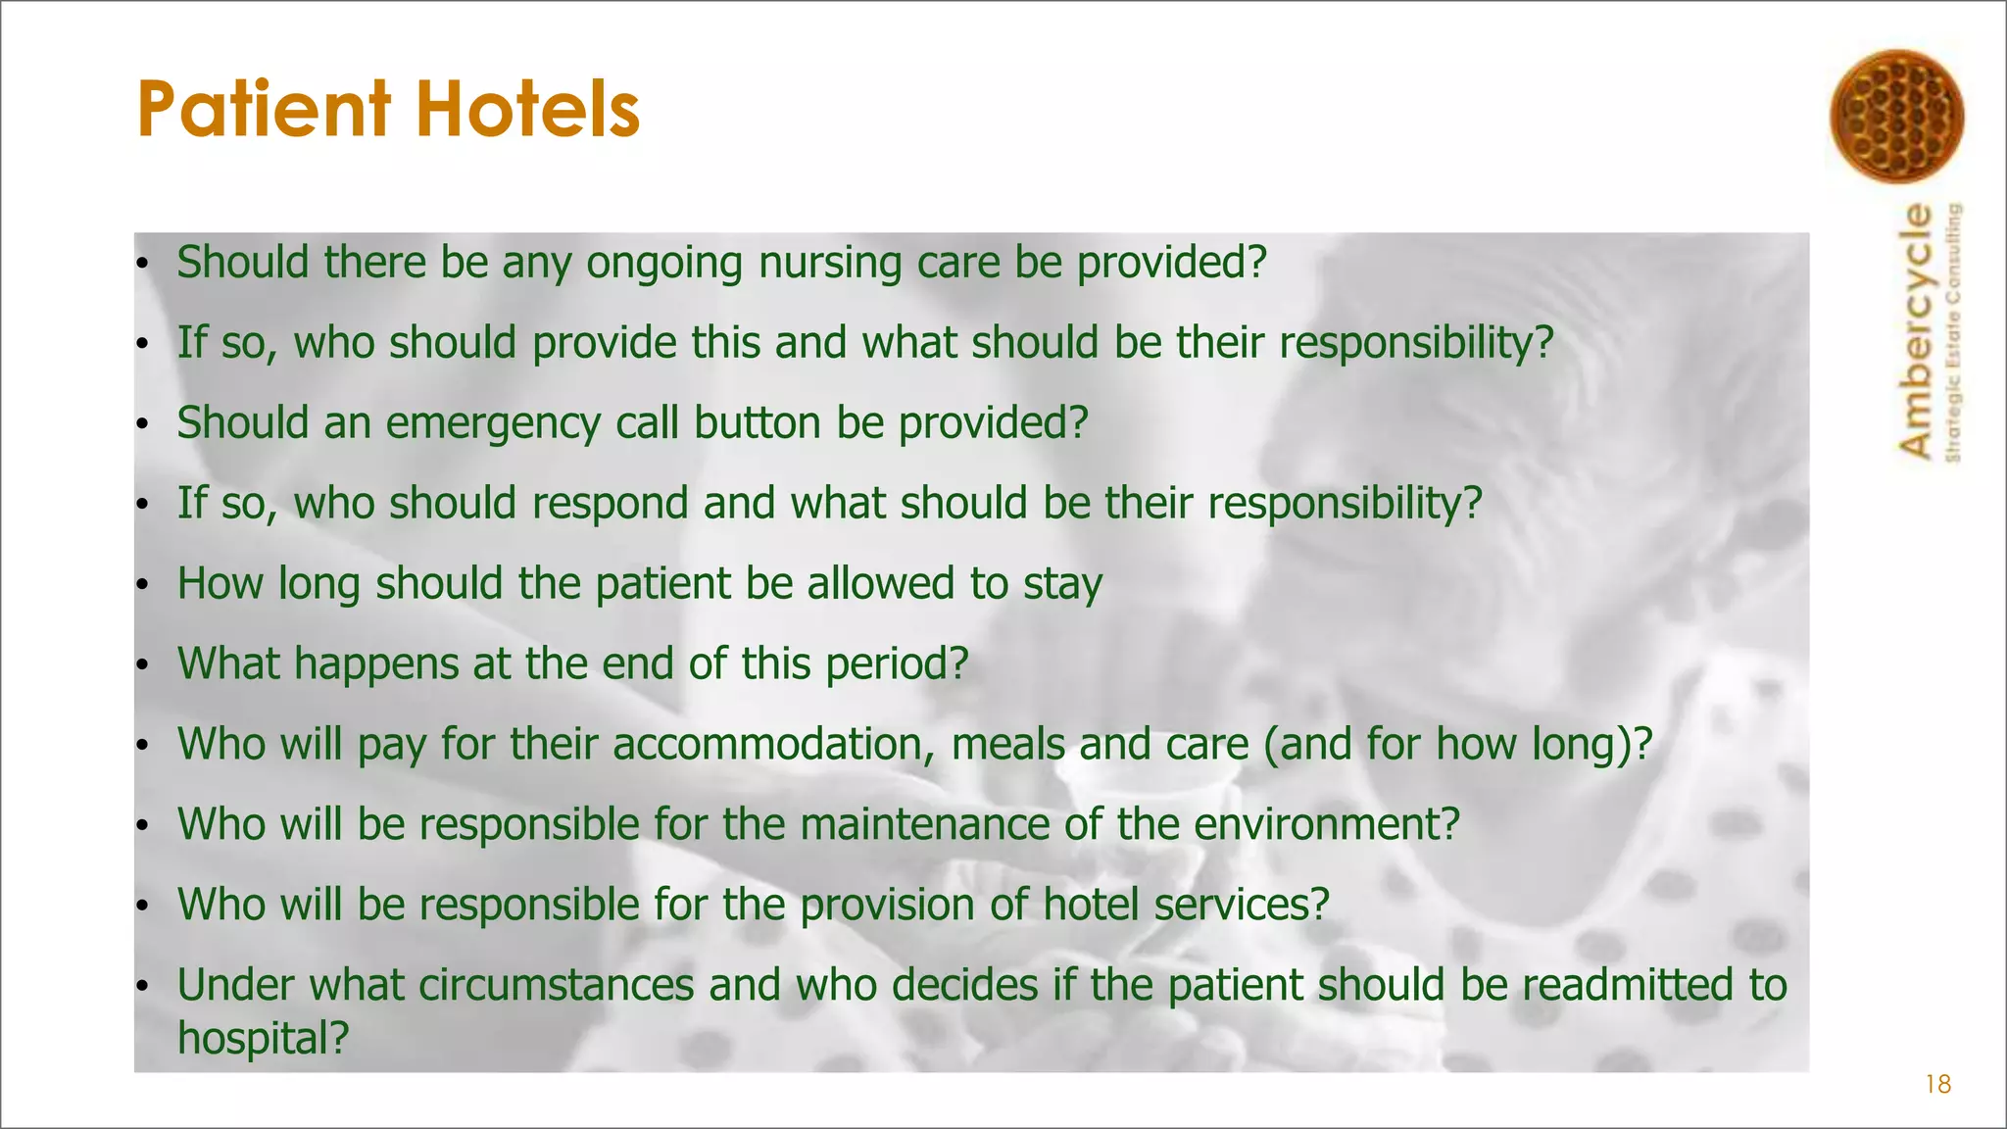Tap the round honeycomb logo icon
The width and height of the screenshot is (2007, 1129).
click(1896, 117)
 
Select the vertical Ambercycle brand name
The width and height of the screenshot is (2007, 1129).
click(1916, 330)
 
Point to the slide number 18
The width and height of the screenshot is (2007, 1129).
click(1937, 1084)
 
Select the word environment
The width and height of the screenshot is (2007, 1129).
click(1326, 824)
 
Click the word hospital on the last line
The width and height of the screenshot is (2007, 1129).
click(262, 1038)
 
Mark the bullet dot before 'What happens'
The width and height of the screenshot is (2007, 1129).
click(142, 665)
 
